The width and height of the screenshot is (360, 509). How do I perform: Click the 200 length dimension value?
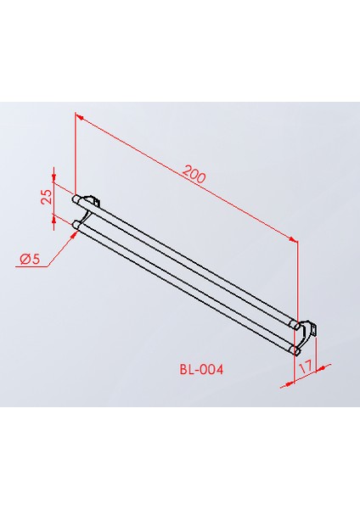click(194, 175)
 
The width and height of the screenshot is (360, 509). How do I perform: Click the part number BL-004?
click(201, 370)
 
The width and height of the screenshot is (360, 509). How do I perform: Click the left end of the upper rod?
click(77, 201)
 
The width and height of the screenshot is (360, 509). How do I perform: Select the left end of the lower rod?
click(77, 225)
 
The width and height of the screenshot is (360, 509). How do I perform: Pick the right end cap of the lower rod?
click(294, 349)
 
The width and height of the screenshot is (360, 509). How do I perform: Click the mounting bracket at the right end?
click(310, 328)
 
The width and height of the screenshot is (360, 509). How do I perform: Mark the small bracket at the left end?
click(93, 201)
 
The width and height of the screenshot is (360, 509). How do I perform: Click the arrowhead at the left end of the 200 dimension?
click(78, 115)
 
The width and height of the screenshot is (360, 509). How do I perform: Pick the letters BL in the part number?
click(186, 370)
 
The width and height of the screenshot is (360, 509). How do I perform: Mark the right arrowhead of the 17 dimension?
click(318, 366)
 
